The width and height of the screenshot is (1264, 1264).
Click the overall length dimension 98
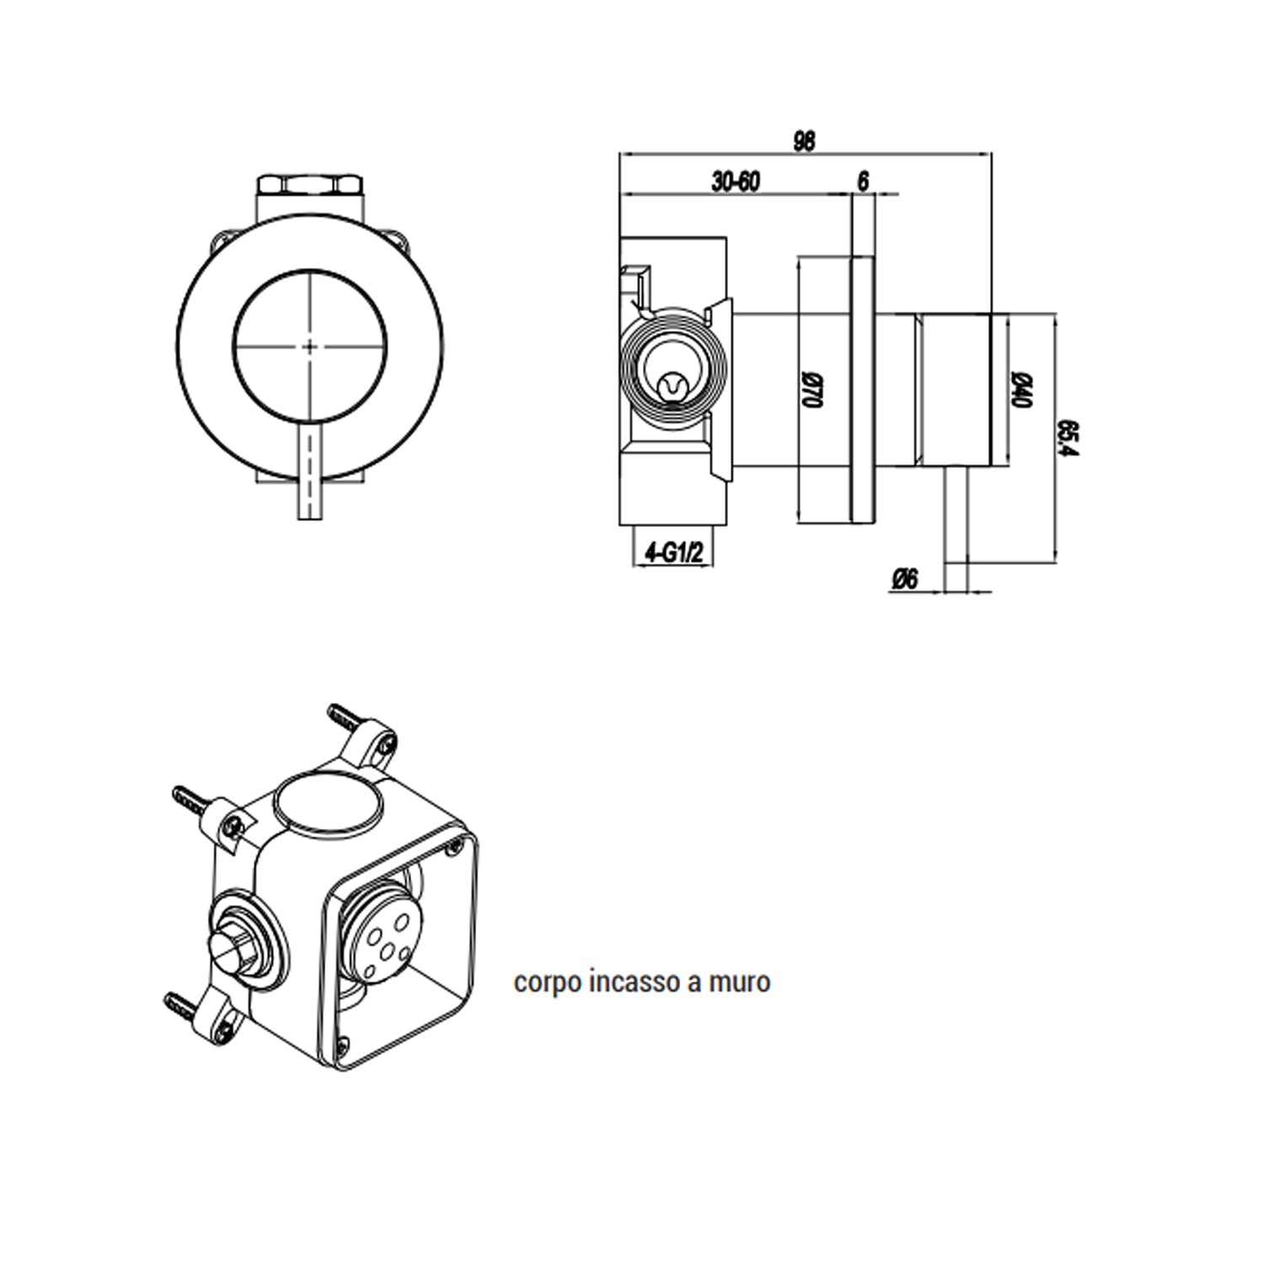tap(805, 141)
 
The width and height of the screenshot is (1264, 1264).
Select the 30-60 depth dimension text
tap(736, 181)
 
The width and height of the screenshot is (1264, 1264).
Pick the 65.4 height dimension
tap(1068, 438)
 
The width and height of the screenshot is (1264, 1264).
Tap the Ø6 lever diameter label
tap(904, 579)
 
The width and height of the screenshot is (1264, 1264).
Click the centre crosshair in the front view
tap(310, 345)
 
